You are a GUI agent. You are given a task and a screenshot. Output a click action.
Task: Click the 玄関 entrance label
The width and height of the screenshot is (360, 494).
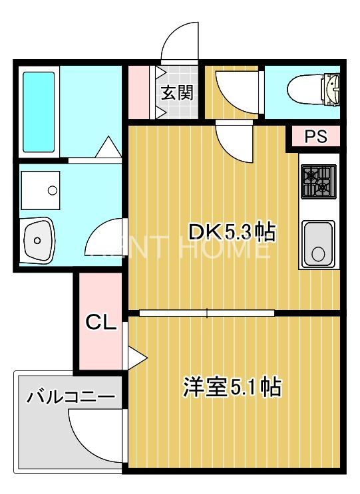176,92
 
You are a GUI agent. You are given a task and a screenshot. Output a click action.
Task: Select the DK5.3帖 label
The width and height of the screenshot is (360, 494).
232,232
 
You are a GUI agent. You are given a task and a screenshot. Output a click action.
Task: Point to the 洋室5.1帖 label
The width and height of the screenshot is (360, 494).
232,386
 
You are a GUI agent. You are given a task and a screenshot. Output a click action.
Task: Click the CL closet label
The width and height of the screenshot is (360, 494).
100,324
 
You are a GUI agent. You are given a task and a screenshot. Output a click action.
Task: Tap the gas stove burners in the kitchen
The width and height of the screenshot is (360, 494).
317,182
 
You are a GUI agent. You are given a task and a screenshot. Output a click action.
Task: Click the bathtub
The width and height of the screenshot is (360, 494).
39,111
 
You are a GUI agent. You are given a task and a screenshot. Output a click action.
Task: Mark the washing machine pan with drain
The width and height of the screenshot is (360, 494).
41,190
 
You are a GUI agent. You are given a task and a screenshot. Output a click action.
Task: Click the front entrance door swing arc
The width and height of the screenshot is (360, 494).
180,41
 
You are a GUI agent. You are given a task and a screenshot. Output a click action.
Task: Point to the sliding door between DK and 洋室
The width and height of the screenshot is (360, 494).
206,312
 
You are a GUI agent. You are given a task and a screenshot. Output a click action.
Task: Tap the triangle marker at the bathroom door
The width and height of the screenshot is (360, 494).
106,148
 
